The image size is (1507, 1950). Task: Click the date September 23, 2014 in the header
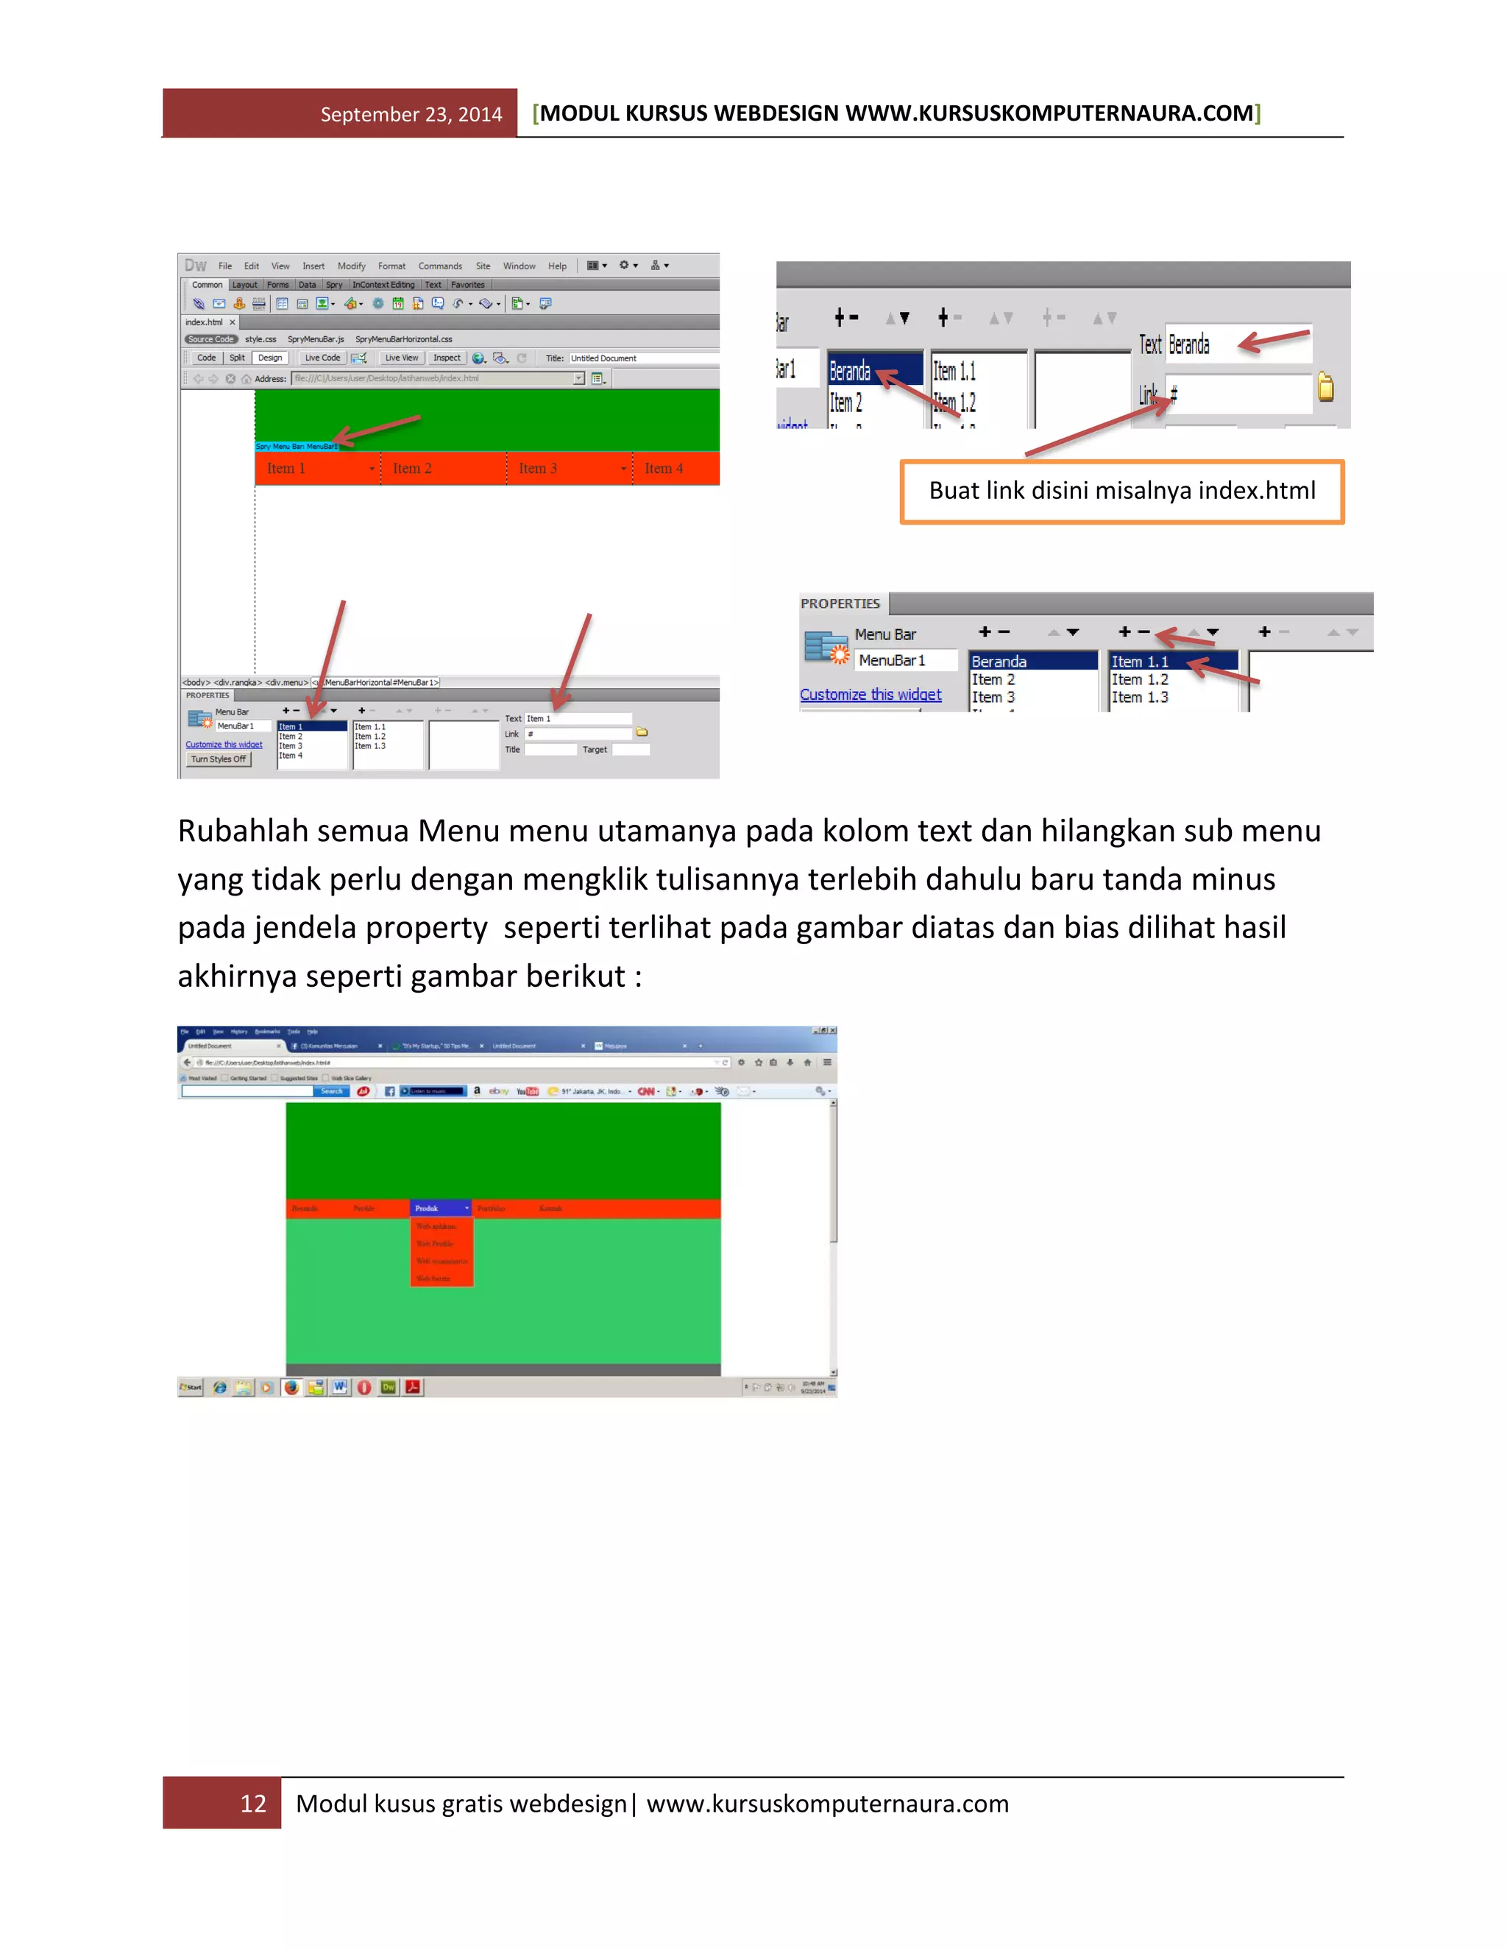click(411, 114)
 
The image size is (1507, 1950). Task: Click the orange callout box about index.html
click(1121, 491)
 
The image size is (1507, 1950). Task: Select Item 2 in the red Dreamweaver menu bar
click(413, 468)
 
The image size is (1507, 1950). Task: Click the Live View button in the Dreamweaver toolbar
click(401, 358)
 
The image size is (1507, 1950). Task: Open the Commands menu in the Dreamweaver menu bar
click(440, 266)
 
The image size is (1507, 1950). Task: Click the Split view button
click(237, 358)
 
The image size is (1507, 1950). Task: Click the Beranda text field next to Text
click(1236, 344)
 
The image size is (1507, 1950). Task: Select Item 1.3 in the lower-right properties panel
click(1139, 698)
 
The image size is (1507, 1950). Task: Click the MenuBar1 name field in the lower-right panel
click(905, 660)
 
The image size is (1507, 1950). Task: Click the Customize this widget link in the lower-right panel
click(870, 695)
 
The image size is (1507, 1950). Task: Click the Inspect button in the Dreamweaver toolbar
click(447, 358)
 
